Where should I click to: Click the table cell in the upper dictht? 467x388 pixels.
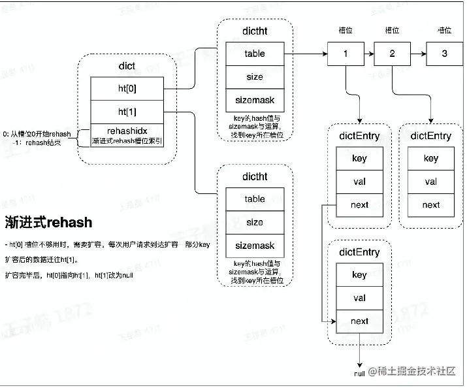(x=255, y=54)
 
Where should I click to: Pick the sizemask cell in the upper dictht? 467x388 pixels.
(x=255, y=101)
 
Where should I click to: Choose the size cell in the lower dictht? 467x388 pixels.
(x=255, y=223)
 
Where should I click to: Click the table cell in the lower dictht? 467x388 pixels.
(x=255, y=199)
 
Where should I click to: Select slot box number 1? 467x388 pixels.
(x=346, y=54)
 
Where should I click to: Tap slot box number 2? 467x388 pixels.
(x=392, y=54)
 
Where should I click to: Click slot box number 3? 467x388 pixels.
(x=444, y=54)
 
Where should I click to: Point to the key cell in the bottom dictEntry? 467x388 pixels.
(x=359, y=275)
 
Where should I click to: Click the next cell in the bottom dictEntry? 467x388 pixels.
(x=359, y=321)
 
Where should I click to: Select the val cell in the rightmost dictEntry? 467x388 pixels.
(x=431, y=182)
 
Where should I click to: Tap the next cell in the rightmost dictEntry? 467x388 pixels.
(x=431, y=205)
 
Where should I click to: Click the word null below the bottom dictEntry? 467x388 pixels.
(x=359, y=374)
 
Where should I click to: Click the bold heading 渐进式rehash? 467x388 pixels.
(x=49, y=221)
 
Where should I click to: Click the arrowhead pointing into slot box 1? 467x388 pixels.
(x=325, y=54)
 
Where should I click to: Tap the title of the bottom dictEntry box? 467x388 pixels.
(x=359, y=251)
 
